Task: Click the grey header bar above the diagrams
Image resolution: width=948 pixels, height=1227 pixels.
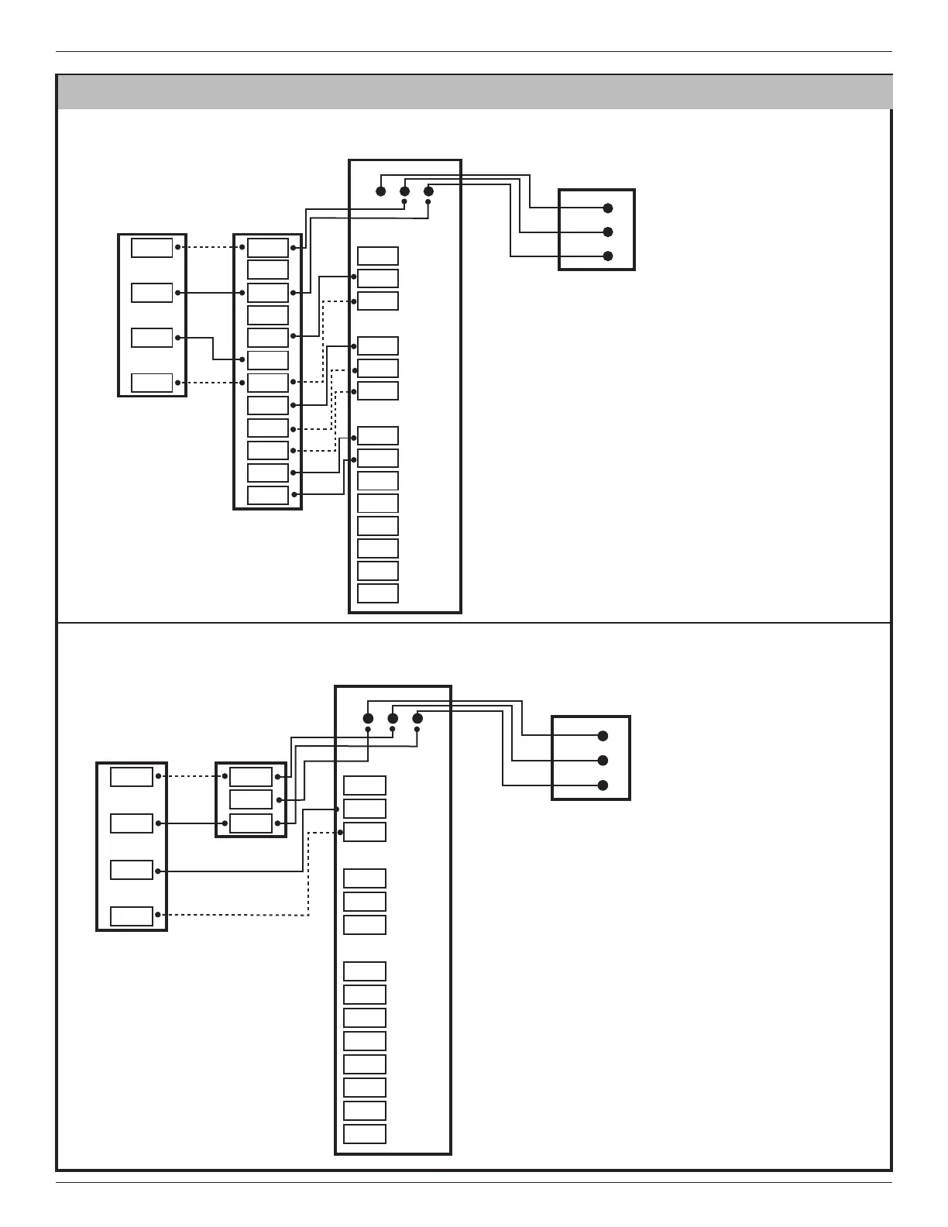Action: [x=474, y=92]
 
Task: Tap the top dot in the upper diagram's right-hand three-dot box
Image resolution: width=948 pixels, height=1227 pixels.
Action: [x=608, y=208]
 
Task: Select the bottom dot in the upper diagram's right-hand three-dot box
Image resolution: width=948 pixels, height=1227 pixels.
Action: [x=608, y=256]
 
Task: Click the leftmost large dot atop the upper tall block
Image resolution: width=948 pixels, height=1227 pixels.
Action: [x=380, y=191]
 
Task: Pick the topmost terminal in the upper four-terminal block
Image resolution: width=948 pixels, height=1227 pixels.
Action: [x=152, y=248]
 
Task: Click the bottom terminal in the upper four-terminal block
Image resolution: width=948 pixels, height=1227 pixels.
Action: [x=152, y=383]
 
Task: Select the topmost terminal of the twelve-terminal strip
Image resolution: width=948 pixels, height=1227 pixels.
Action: [x=268, y=248]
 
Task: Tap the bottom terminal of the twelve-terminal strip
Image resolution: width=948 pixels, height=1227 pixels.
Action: [x=268, y=495]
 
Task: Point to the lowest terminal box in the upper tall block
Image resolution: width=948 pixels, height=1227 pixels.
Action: [x=378, y=593]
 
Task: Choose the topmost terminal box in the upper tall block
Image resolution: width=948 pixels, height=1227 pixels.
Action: [x=378, y=256]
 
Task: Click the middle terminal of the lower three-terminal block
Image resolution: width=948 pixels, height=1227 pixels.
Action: [x=251, y=799]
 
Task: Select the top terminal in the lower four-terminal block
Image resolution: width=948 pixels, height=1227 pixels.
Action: [x=132, y=776]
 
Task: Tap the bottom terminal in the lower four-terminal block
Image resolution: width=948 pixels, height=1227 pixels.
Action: [x=132, y=916]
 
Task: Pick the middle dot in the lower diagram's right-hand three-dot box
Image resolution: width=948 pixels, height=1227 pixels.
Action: [x=603, y=761]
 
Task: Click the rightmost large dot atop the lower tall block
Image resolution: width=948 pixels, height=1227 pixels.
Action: [x=417, y=718]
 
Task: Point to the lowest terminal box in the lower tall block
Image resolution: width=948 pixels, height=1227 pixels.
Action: [x=365, y=1134]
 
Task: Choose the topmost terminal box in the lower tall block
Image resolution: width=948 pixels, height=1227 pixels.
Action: [x=365, y=785]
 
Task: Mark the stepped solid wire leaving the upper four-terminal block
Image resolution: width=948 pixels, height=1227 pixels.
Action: [x=214, y=349]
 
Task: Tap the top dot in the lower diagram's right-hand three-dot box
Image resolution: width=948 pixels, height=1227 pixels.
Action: [x=603, y=736]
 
